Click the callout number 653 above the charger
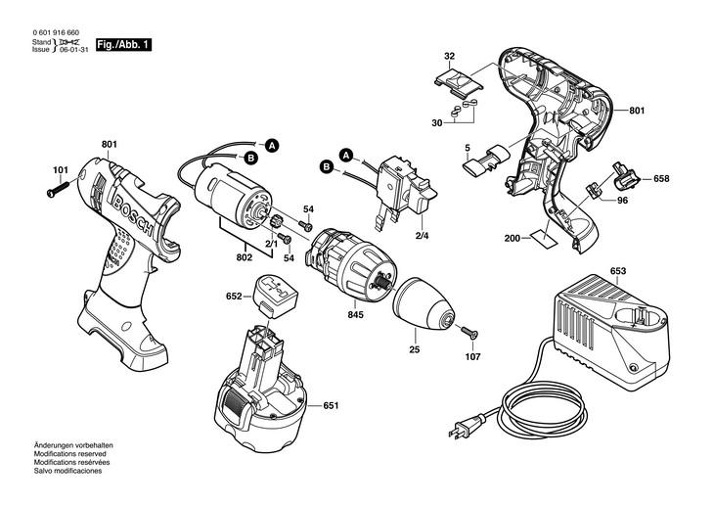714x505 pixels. coord(618,271)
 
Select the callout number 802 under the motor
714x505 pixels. coord(245,257)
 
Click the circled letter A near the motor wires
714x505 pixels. coord(273,145)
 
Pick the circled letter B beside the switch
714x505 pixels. coord(325,167)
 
